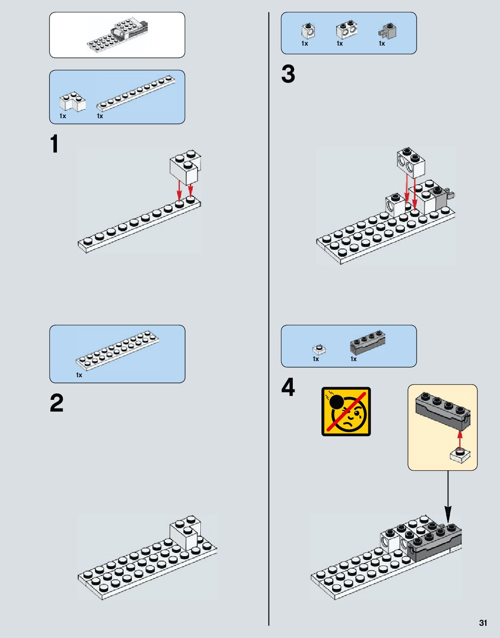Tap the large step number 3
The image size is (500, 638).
(288, 74)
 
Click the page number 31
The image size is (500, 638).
(483, 623)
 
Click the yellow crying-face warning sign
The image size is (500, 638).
(346, 411)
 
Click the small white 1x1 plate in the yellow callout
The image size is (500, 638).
(460, 455)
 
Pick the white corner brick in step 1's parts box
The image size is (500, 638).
(72, 103)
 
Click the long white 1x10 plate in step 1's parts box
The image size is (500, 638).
(136, 92)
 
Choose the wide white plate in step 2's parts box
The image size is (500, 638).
(117, 350)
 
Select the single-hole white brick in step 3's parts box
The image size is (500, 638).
(308, 30)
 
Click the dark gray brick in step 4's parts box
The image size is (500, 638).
(368, 342)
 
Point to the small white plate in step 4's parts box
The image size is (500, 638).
(319, 349)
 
